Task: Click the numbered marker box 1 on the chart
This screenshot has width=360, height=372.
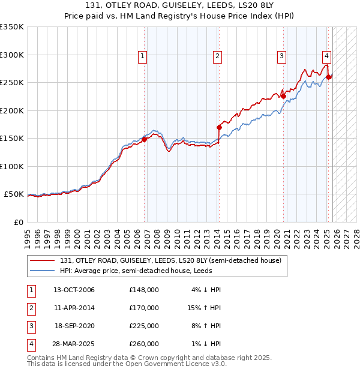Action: coord(143,57)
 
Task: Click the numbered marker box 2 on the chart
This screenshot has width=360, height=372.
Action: coord(217,57)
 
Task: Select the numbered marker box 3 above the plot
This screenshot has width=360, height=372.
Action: coord(281,57)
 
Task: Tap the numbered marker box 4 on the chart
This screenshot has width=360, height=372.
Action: coord(326,57)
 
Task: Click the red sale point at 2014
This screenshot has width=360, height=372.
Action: coord(219,127)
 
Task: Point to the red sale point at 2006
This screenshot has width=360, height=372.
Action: coord(144,140)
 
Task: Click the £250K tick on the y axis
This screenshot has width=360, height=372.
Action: coord(12,83)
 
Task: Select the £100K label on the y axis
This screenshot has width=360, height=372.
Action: coord(12,166)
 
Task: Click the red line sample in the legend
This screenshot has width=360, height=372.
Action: coord(43,260)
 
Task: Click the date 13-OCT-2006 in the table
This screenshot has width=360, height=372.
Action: coord(74,290)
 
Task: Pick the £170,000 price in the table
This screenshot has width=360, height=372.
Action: coord(144,308)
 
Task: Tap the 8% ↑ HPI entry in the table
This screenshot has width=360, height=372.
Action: coord(206,326)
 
